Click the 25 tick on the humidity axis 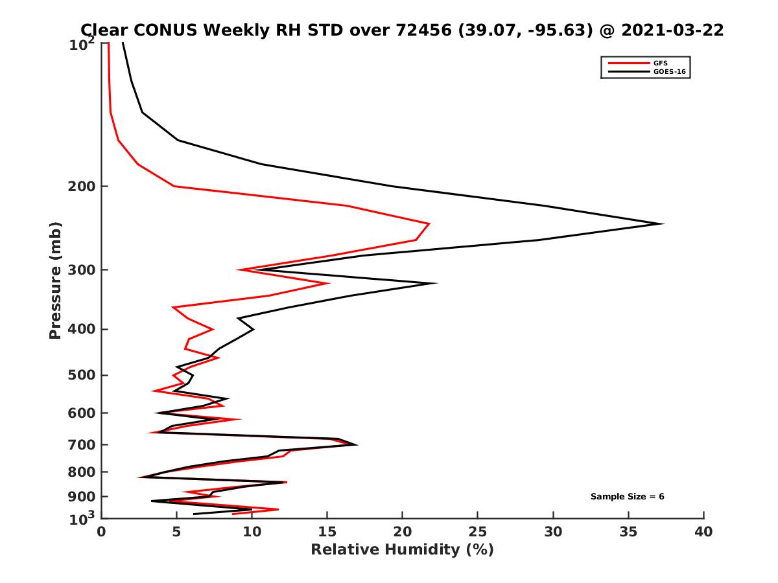[x=478, y=532]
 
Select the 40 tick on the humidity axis [x=703, y=532]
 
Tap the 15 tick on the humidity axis [x=327, y=532]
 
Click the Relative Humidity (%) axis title [x=402, y=550]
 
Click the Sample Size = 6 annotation [x=627, y=497]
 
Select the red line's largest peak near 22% [x=429, y=223]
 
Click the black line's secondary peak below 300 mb [x=436, y=283]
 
